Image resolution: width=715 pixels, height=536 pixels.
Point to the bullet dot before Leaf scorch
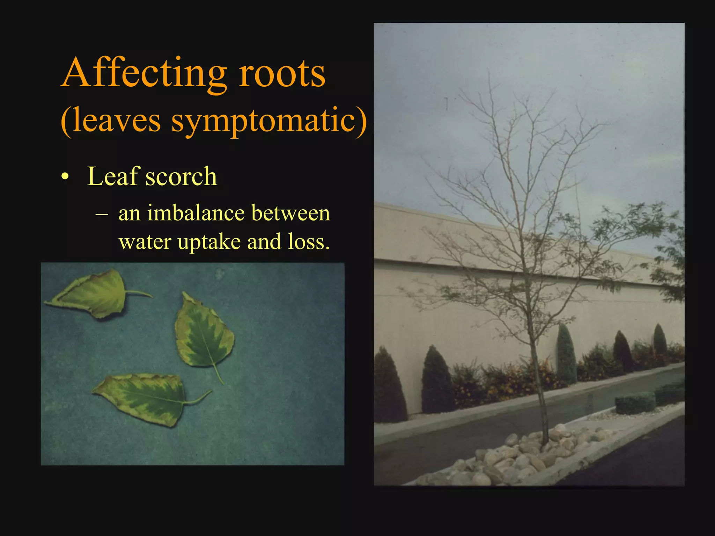(65, 177)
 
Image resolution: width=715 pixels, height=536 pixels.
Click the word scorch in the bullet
(181, 176)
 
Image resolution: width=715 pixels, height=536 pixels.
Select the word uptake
(209, 241)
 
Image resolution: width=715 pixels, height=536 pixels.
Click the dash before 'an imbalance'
(101, 213)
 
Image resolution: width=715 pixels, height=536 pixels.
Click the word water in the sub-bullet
(145, 242)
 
